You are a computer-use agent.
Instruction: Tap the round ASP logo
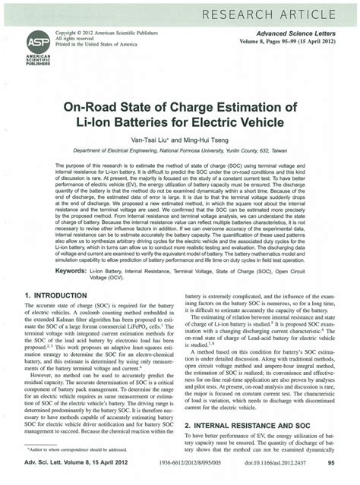[x=38, y=43]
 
